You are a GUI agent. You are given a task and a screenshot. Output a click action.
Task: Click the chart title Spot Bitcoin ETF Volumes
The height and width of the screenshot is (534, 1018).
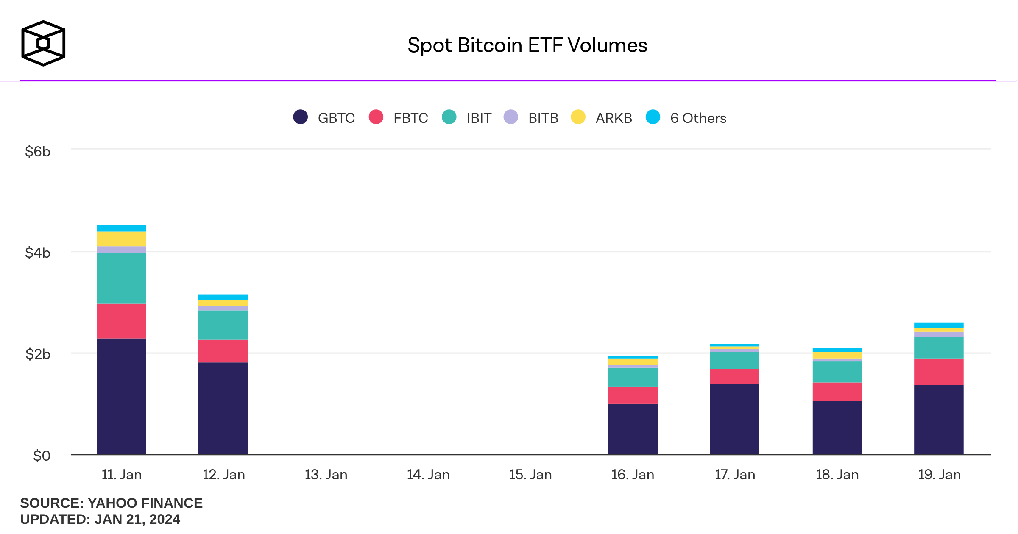(x=527, y=45)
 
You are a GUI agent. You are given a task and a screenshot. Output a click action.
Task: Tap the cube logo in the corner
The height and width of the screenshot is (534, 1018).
(x=43, y=43)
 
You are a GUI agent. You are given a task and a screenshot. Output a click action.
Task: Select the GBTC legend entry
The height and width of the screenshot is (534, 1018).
(x=325, y=117)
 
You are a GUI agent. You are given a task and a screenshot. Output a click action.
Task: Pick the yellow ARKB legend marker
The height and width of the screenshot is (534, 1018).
(x=578, y=117)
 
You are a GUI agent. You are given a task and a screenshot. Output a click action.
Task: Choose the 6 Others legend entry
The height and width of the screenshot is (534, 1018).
(x=686, y=117)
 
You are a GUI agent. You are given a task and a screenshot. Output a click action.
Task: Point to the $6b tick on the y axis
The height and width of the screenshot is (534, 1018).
(x=38, y=151)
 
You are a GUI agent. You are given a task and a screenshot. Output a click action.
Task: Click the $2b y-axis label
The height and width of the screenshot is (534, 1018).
(x=38, y=354)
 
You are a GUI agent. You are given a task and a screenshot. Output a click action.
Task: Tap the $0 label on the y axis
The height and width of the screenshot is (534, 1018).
(x=42, y=456)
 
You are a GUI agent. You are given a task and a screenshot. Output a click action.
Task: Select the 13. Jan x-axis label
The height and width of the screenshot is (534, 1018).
(x=326, y=475)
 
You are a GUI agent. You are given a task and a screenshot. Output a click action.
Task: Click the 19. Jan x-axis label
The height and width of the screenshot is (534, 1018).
(x=939, y=475)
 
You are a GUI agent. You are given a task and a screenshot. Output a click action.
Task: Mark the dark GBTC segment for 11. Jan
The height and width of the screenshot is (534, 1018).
(x=121, y=396)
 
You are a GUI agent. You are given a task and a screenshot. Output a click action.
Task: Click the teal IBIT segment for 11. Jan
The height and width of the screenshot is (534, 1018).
(x=121, y=278)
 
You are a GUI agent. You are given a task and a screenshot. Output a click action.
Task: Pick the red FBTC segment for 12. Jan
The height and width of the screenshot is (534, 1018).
(x=223, y=351)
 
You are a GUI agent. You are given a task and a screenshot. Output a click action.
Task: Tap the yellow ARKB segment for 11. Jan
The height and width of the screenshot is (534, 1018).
(x=121, y=239)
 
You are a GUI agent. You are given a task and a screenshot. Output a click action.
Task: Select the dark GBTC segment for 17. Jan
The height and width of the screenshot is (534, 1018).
(x=734, y=419)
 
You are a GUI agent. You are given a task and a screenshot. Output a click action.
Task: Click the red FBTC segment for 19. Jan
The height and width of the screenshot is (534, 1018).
(x=939, y=372)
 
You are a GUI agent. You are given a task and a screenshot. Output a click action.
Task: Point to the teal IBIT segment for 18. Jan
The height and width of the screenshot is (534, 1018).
(x=837, y=372)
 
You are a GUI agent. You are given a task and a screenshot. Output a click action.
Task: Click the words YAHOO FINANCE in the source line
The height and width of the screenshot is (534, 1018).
(x=145, y=503)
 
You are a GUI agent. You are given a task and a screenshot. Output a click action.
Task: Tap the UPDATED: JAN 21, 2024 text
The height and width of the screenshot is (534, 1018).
(x=100, y=519)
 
